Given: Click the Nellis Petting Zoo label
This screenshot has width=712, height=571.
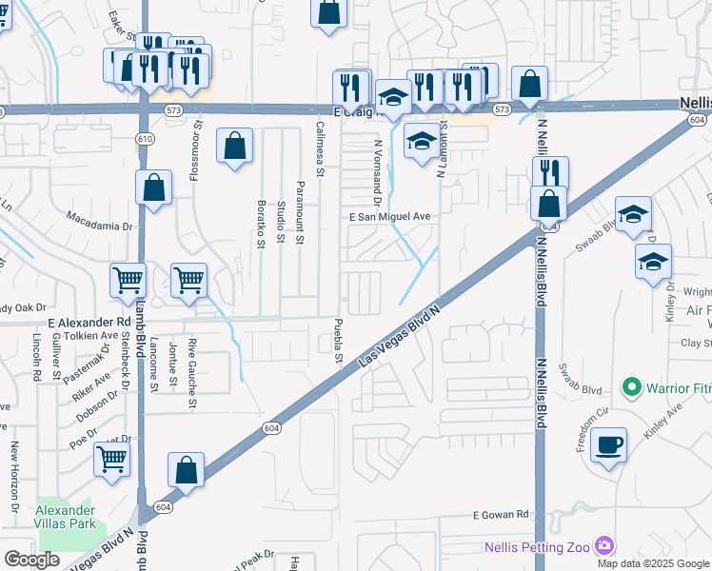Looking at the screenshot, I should coord(537,546).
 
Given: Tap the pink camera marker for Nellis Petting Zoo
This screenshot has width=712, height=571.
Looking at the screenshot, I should coord(603,545).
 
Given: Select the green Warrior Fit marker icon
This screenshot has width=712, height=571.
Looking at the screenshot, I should coord(629,388).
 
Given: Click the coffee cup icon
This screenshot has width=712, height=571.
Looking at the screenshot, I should coord(608,445).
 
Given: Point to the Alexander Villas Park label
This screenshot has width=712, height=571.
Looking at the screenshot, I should coord(65,517).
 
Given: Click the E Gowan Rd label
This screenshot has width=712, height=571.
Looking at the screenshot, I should coord(501,515).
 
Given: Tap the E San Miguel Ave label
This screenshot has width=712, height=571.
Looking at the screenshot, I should coord(390,217).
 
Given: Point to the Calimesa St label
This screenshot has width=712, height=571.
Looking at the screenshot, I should coord(321,149).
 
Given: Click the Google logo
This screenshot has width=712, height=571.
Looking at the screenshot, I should coord(31,559).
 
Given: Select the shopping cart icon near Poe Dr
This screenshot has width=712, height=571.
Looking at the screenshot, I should coord(111,461).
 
